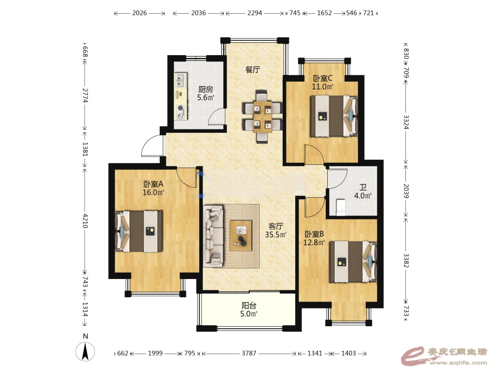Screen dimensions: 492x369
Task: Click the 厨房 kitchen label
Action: pyautogui.click(x=206, y=90)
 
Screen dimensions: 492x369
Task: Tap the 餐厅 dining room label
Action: pyautogui.click(x=252, y=69)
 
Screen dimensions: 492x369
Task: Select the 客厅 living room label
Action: pyautogui.click(x=276, y=226)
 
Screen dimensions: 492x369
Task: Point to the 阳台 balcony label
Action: pyautogui.click(x=249, y=306)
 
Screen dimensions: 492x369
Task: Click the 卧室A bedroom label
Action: pyautogui.click(x=153, y=184)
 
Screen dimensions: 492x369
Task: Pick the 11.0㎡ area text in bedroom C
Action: pyautogui.click(x=322, y=87)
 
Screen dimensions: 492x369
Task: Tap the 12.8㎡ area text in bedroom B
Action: pyautogui.click(x=314, y=242)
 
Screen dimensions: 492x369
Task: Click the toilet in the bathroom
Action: pyautogui.click(x=340, y=207)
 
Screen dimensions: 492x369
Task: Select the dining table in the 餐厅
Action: pyautogui.click(x=262, y=117)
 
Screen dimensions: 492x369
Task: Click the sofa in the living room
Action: pyautogui.click(x=214, y=236)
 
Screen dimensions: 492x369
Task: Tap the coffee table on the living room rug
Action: pyautogui.click(x=241, y=236)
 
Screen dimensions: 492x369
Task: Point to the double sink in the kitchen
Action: pyautogui.click(x=181, y=81)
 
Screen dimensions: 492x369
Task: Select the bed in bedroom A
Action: pyautogui.click(x=139, y=231)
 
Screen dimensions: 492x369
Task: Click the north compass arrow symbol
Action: pyautogui.click(x=85, y=352)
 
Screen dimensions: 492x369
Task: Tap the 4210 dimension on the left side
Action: pyautogui.click(x=85, y=221)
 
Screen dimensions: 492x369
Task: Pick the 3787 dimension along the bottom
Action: pyautogui.click(x=249, y=353)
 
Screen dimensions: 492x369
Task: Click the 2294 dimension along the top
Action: pyautogui.click(x=254, y=13)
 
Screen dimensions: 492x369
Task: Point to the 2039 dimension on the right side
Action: pyautogui.click(x=406, y=191)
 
